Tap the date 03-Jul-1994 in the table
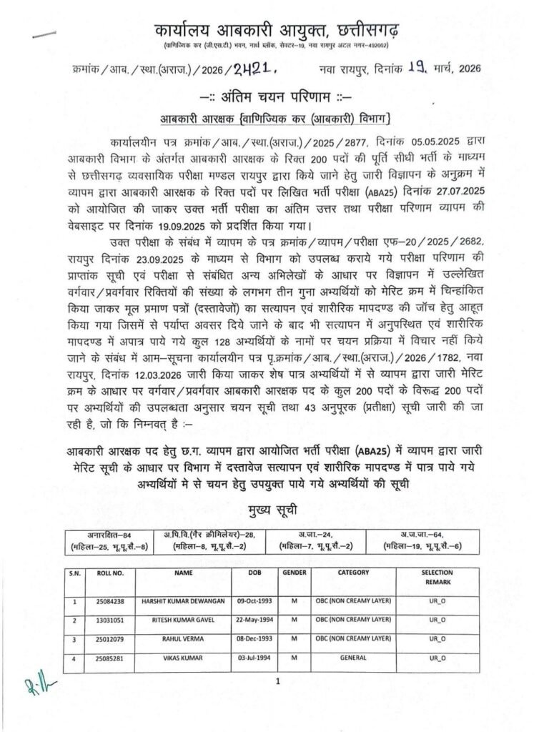[x=253, y=656]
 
